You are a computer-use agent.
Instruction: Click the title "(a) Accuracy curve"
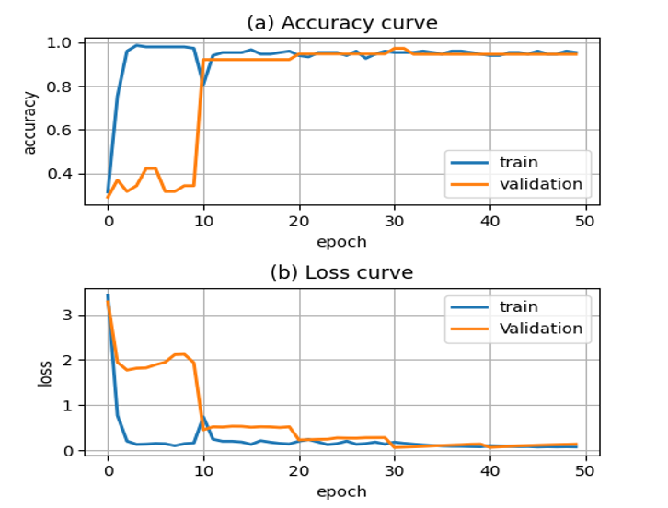click(341, 22)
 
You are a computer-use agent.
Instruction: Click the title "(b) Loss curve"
click(341, 272)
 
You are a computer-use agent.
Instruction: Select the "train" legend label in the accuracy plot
click(519, 162)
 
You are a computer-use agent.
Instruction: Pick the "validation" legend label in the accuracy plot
click(540, 184)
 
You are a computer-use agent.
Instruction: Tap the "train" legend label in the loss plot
click(519, 306)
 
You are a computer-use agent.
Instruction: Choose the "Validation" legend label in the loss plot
click(540, 329)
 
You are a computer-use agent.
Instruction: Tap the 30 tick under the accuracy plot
click(394, 222)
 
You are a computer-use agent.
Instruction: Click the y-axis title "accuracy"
click(30, 121)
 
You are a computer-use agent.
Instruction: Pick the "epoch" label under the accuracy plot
click(341, 242)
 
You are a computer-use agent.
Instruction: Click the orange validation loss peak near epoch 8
click(180, 354)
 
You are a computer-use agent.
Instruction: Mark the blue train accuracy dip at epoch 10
click(203, 86)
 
